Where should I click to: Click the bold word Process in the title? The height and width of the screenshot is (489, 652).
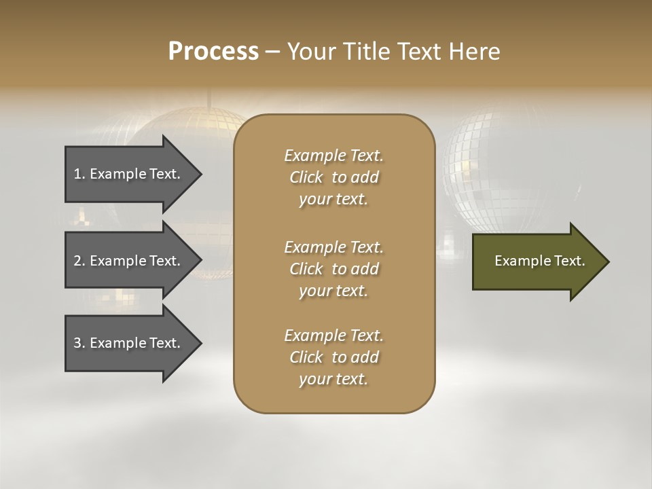(x=213, y=52)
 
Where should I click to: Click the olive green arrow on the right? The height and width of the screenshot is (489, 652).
(x=537, y=261)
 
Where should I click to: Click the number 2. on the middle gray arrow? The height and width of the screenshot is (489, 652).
(x=79, y=261)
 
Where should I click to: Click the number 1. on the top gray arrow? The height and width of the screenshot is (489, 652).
(x=79, y=174)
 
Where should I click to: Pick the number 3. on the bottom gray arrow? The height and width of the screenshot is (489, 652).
(x=79, y=343)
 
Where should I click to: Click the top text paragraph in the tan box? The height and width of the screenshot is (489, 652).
(x=333, y=177)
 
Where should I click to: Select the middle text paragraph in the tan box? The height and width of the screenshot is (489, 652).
(x=333, y=269)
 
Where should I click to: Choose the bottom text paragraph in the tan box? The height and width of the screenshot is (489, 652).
(x=333, y=357)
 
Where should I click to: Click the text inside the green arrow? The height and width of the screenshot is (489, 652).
(x=539, y=261)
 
